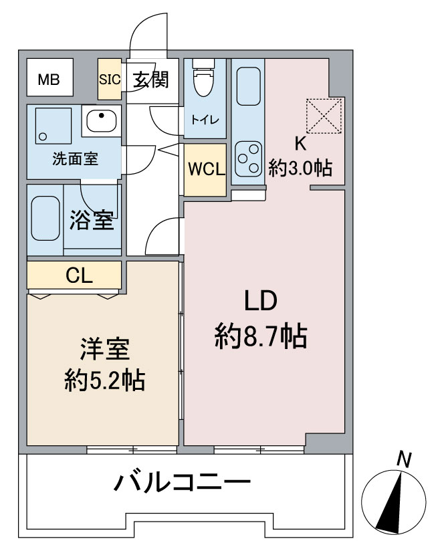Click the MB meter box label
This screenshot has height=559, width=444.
tap(48, 80)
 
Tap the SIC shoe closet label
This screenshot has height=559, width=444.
tap(109, 79)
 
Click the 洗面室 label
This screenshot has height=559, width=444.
tap(76, 159)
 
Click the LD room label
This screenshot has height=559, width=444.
tap(260, 302)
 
